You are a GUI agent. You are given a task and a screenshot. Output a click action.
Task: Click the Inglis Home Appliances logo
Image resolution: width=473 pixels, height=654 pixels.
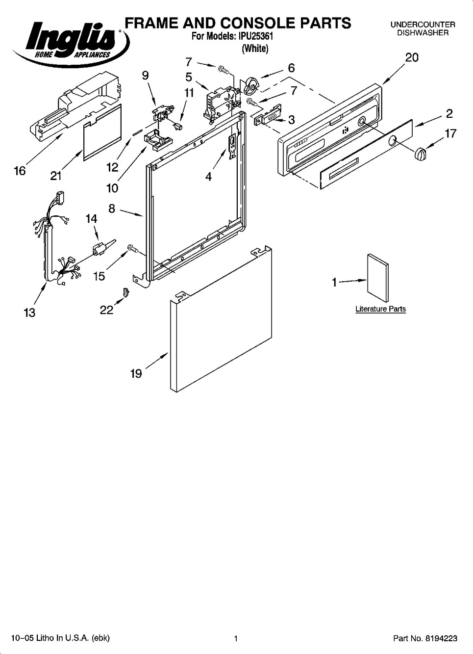click(71, 44)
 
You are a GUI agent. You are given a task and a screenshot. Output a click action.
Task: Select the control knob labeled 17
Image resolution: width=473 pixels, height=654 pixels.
click(420, 154)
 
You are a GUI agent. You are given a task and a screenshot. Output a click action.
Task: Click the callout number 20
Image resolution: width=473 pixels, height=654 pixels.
click(412, 57)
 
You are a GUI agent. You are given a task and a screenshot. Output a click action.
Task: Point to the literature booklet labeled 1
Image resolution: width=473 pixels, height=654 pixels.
click(377, 277)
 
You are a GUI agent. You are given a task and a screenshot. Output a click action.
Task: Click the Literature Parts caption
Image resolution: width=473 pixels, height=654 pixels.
click(380, 309)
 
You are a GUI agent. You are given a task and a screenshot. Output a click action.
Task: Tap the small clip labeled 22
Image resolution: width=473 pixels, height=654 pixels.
click(126, 291)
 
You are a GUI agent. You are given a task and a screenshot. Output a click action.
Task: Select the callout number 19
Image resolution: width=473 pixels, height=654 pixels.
click(136, 373)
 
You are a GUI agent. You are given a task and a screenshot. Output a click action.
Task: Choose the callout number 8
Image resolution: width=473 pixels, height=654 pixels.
click(112, 209)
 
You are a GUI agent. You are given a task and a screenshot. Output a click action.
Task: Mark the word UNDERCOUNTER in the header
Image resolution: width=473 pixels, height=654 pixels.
click(423, 25)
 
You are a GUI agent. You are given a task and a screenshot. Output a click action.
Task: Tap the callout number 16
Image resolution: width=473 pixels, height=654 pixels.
click(20, 171)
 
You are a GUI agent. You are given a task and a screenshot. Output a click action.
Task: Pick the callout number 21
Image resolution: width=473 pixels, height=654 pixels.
click(56, 176)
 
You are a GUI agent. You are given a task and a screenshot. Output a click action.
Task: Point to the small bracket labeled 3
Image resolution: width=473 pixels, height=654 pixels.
click(268, 114)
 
